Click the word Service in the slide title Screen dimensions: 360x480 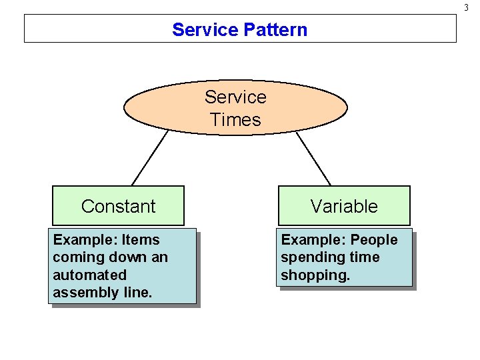pos(205,30)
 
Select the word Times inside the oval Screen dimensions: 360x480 pos(235,120)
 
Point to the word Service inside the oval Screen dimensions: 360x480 pos(235,97)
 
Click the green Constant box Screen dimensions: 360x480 pos(118,206)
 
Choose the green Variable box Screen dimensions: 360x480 pos(344,206)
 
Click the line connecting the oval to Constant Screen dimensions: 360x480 pos(150,157)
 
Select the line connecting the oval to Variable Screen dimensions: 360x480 pos(313,159)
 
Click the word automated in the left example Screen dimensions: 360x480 pos(89,275)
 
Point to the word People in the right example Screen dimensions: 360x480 pos(374,240)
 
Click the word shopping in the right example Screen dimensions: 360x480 pos(315,275)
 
